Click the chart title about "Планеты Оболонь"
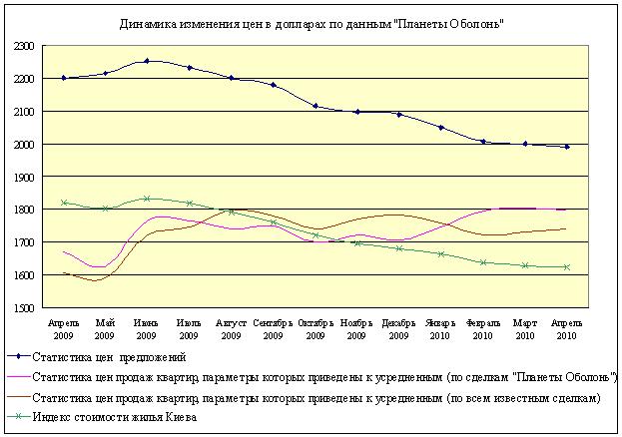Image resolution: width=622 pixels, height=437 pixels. click(311, 23)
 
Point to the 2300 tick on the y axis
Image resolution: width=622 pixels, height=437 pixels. click(25, 46)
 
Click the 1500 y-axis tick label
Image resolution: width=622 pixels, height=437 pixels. click(25, 307)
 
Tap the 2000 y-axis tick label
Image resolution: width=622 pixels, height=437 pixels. click(25, 144)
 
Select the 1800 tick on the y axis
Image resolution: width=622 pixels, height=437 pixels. click(25, 210)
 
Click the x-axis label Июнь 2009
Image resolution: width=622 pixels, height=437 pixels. click(147, 328)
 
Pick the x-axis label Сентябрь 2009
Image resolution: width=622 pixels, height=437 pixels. click(274, 328)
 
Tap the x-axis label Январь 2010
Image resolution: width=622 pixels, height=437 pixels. click(440, 328)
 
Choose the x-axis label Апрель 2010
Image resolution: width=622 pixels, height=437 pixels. click(567, 328)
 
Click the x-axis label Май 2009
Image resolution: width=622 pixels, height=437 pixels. click(105, 328)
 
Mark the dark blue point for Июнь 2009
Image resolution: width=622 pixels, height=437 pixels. click(147, 61)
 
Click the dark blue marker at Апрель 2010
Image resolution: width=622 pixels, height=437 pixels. click(567, 147)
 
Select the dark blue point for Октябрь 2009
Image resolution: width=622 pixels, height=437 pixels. click(315, 106)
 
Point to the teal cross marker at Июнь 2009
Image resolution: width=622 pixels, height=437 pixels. click(147, 199)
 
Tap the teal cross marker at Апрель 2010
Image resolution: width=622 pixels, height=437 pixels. click(567, 267)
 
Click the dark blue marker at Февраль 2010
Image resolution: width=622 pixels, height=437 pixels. click(483, 142)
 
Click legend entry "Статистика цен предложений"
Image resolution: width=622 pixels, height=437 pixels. click(110, 357)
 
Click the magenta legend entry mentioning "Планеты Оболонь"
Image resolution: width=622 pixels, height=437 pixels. click(323, 378)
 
